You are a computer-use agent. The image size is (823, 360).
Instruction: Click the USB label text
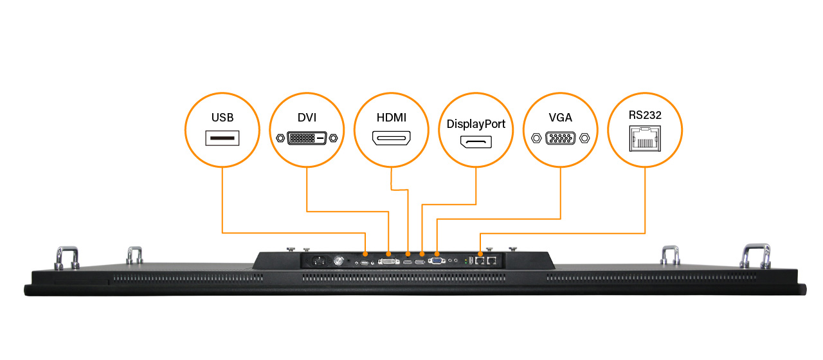[x=222, y=118]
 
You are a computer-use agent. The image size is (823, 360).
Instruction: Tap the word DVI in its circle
[x=307, y=118]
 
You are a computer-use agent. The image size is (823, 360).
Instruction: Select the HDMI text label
[x=391, y=118]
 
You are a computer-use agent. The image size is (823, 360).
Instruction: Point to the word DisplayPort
[x=476, y=124]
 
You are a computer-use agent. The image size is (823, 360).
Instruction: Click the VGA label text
[x=560, y=118]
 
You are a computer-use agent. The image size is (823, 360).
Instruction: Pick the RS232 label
[x=645, y=115]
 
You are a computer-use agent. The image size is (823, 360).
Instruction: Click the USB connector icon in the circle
[x=222, y=138]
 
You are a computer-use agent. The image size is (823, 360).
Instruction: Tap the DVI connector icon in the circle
[x=307, y=138]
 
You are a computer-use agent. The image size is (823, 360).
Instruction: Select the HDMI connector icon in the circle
[x=391, y=138]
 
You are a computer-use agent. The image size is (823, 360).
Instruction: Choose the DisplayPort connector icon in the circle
[x=476, y=141]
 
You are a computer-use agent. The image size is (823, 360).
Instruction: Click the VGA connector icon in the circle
[x=560, y=138]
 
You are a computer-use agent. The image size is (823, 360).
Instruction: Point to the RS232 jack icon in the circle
[x=645, y=137]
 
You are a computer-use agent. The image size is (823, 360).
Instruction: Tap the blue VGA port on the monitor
[x=437, y=260]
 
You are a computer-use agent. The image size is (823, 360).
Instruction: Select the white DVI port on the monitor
[x=388, y=262]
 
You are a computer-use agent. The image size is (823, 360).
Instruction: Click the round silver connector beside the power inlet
[x=339, y=261]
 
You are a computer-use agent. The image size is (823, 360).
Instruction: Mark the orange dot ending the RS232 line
[x=481, y=253]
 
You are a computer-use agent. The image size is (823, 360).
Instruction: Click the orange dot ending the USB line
[x=365, y=253]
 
